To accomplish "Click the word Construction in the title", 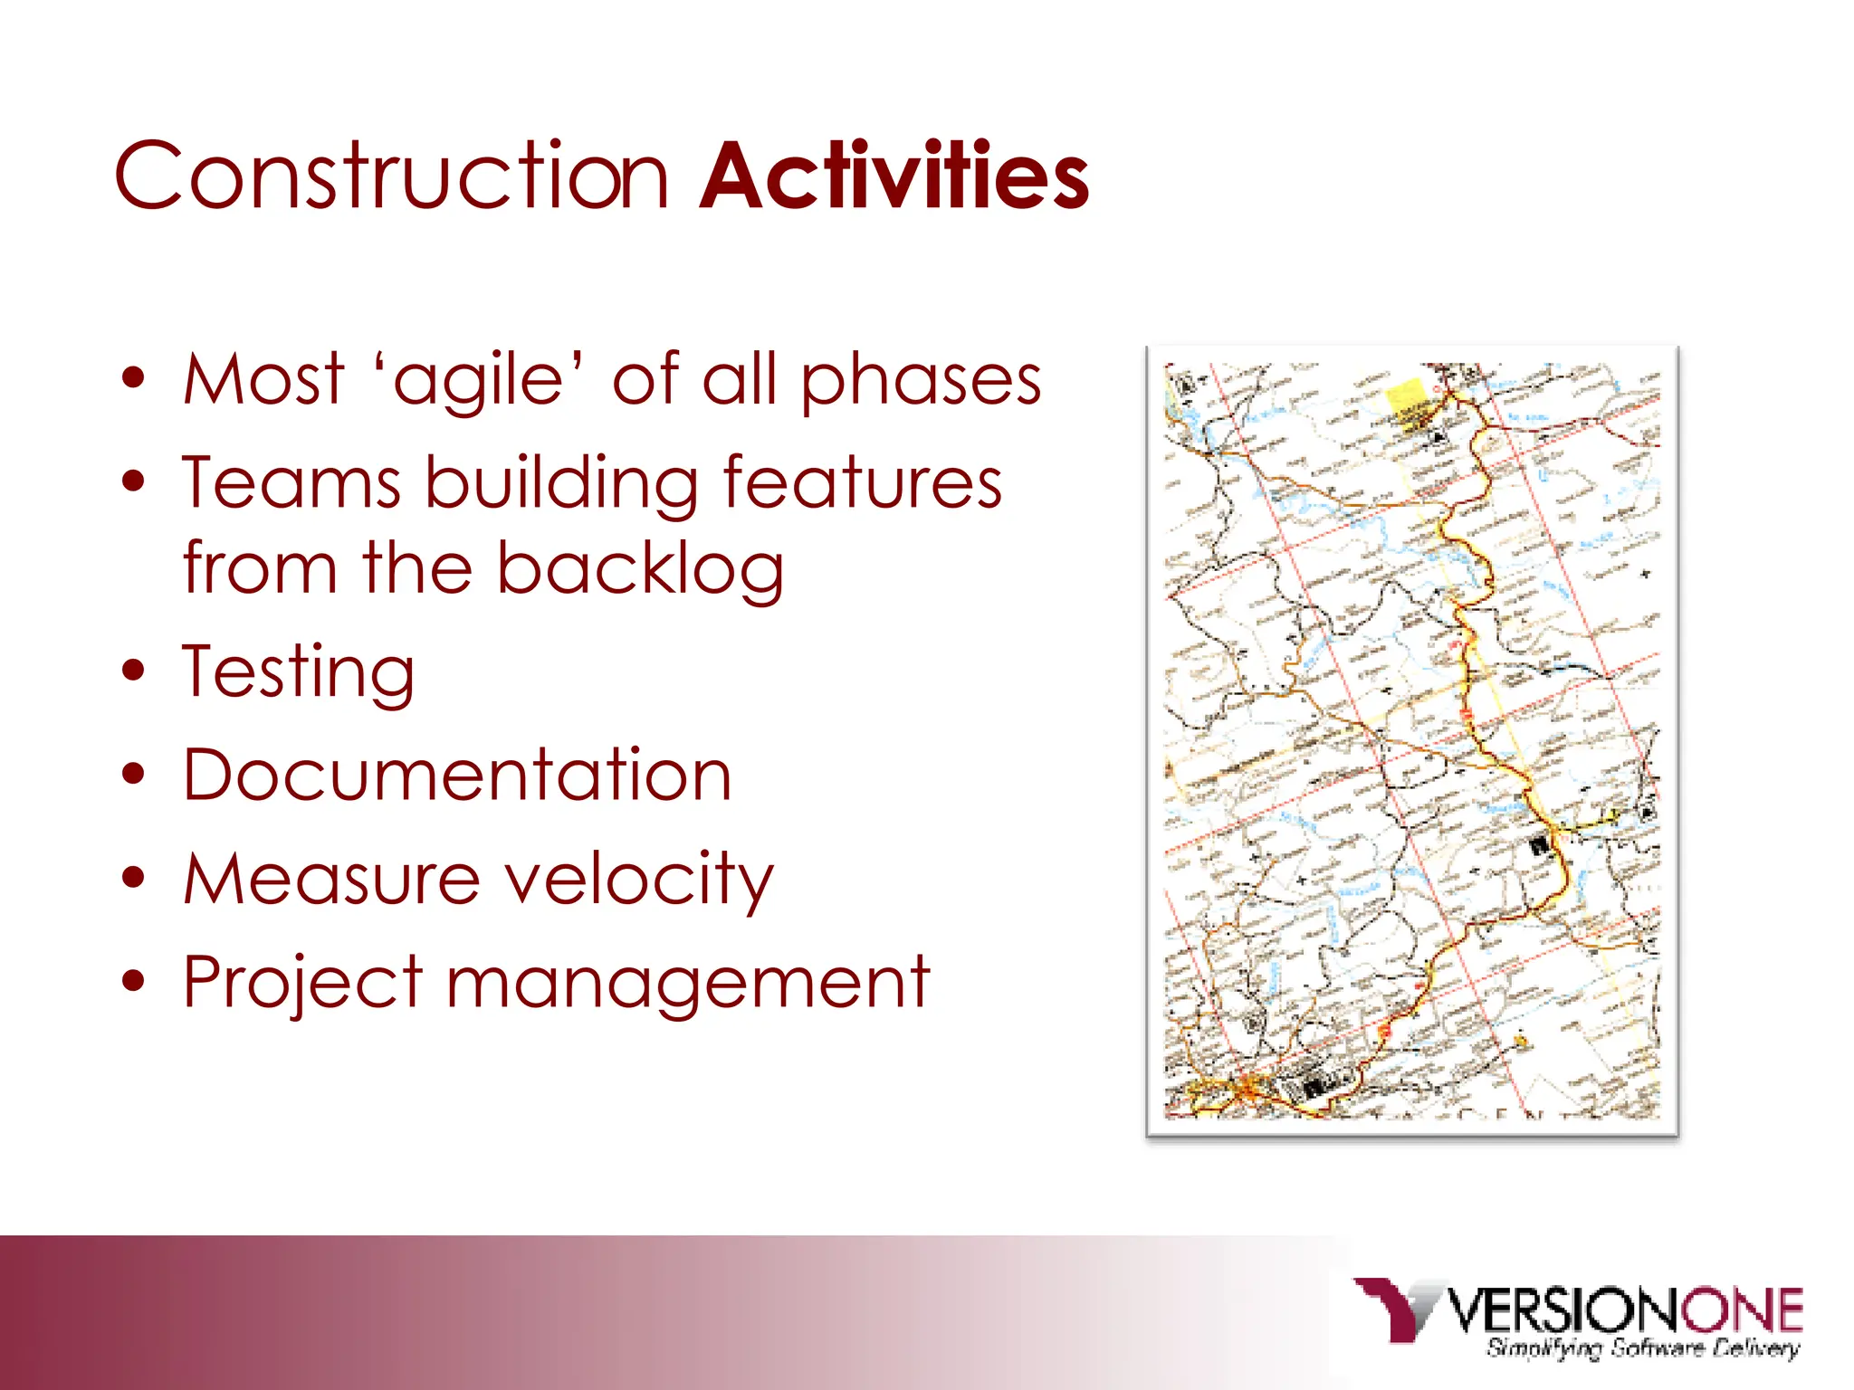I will pyautogui.click(x=391, y=176).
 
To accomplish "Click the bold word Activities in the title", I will pyautogui.click(x=894, y=176).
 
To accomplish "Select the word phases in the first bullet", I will pyautogui.click(x=921, y=380).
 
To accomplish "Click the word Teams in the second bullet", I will pyautogui.click(x=291, y=483).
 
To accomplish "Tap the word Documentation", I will pyautogui.click(x=457, y=776).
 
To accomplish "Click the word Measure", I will pyautogui.click(x=331, y=879).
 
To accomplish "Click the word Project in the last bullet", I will pyautogui.click(x=302, y=983).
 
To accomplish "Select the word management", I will pyautogui.click(x=688, y=983).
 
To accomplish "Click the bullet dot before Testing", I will pyautogui.click(x=134, y=671).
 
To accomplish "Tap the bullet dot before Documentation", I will pyautogui.click(x=134, y=775).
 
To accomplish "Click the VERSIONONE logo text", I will pyautogui.click(x=1625, y=1309).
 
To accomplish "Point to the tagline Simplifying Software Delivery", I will pyautogui.click(x=1641, y=1348).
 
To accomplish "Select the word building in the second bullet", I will pyautogui.click(x=561, y=483).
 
